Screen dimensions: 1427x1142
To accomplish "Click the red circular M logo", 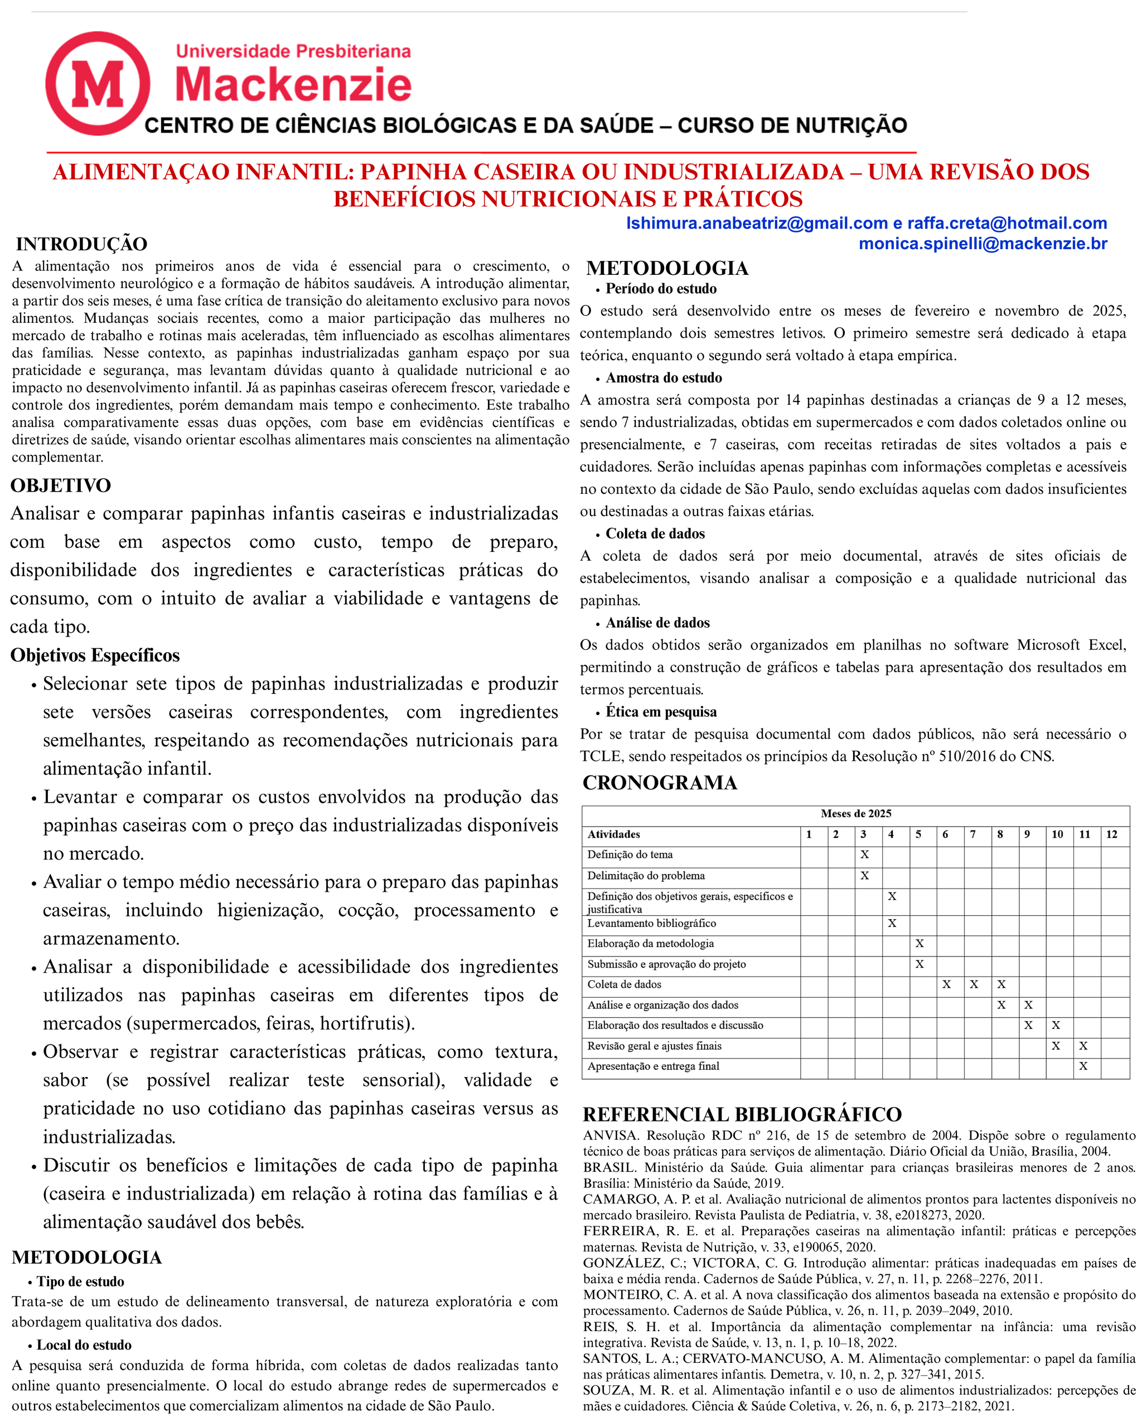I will click(x=98, y=84).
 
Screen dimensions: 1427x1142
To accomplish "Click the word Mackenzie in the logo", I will click(x=293, y=85).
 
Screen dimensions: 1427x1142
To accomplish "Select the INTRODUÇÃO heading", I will click(x=81, y=244).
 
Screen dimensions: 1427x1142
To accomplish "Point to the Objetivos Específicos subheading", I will click(x=95, y=656).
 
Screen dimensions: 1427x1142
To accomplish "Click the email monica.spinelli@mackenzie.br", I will click(x=983, y=244).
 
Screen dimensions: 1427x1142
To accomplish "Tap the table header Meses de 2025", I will click(x=855, y=813).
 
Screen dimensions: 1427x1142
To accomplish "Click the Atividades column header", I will click(x=614, y=834).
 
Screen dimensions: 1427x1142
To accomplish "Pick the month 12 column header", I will click(x=1111, y=834).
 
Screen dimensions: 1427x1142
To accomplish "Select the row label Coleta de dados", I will click(x=625, y=984).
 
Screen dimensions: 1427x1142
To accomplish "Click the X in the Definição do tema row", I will click(x=864, y=855).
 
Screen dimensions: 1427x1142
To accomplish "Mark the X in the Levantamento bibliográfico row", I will click(x=892, y=923).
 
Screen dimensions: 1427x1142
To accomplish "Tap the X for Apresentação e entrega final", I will click(x=1083, y=1066).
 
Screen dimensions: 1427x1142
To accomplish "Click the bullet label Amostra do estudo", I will click(x=664, y=378).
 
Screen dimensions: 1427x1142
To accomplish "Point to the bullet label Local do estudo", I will click(x=84, y=1345).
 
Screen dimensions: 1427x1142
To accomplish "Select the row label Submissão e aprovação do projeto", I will click(x=666, y=964).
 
